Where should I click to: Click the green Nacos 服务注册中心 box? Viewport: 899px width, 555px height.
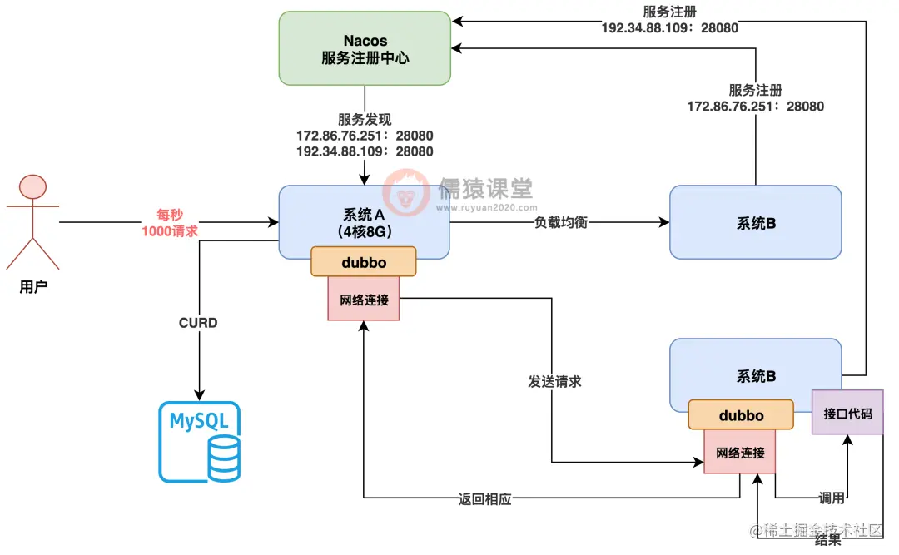pyautogui.click(x=365, y=48)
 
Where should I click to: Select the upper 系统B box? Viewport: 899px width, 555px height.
pyautogui.click(x=755, y=223)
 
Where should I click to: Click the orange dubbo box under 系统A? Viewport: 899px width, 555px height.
pyautogui.click(x=363, y=261)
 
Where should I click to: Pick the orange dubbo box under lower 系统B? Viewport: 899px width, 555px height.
pyautogui.click(x=740, y=414)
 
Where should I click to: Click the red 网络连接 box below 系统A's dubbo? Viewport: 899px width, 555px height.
pyautogui.click(x=364, y=299)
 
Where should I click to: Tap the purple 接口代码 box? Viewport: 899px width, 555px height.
pyautogui.click(x=847, y=412)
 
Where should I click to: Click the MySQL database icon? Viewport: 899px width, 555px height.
pyautogui.click(x=199, y=442)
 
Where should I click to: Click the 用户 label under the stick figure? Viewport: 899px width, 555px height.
pyautogui.click(x=32, y=287)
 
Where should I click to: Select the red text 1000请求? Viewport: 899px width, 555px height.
pyautogui.click(x=170, y=231)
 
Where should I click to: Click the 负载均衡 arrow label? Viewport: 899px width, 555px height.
pyautogui.click(x=561, y=223)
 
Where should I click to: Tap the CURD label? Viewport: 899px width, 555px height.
pyautogui.click(x=198, y=322)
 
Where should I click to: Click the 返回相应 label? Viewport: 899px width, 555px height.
pyautogui.click(x=484, y=499)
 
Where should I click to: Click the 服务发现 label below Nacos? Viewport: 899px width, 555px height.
pyautogui.click(x=364, y=120)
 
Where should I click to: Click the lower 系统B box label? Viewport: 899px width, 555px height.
pyautogui.click(x=756, y=376)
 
